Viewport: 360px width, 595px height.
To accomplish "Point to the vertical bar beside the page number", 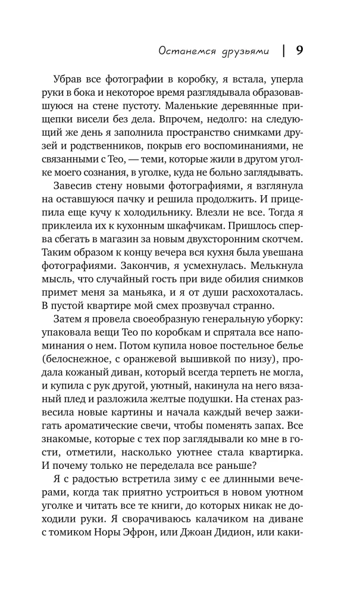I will tap(283, 51).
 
